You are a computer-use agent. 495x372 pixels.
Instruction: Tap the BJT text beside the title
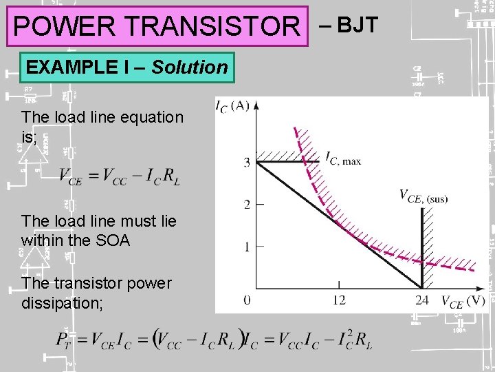click(357, 25)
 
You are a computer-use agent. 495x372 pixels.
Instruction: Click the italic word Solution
click(189, 68)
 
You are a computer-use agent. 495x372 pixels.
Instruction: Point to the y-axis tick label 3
click(246, 163)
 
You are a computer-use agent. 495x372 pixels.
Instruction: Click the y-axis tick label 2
click(246, 205)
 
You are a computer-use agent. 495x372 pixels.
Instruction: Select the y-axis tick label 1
click(246, 247)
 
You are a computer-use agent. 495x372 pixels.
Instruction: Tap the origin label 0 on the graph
click(246, 300)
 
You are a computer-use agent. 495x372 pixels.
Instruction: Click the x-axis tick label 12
click(339, 300)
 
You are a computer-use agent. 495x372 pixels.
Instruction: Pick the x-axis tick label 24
click(421, 300)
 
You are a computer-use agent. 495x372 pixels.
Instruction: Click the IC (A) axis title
click(232, 106)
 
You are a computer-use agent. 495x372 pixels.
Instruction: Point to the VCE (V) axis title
click(463, 301)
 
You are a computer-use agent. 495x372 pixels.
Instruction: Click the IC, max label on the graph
click(342, 159)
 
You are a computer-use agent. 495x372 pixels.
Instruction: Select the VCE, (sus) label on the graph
click(423, 197)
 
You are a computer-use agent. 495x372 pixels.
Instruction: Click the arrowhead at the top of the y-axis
click(256, 105)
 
